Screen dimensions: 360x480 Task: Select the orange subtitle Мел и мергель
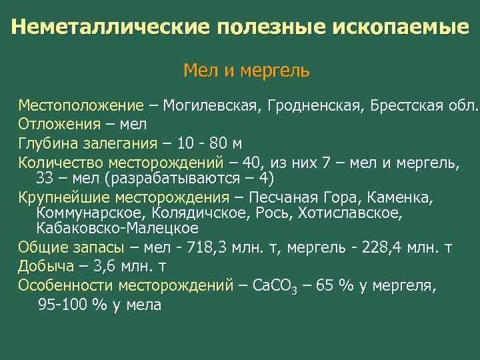[246, 70]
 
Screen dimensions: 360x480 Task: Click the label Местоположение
[81, 105]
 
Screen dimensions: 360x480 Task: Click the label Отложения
[59, 124]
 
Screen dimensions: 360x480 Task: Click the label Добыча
[46, 267]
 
